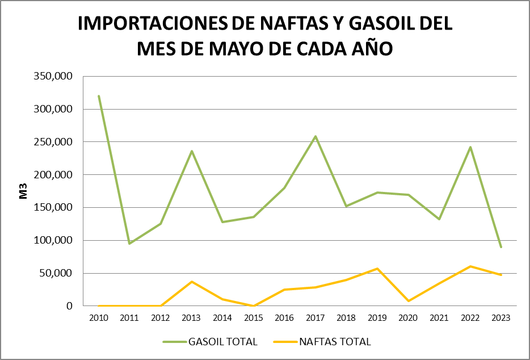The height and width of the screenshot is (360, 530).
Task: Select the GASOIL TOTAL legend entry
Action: tap(210, 342)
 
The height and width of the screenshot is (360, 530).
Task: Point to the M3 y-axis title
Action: tap(23, 191)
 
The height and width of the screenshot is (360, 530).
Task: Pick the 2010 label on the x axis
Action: tap(99, 318)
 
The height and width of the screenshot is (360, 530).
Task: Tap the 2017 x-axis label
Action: tap(316, 318)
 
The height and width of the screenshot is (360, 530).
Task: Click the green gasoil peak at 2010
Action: tap(99, 96)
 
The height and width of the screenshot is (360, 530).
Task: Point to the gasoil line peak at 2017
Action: tap(316, 136)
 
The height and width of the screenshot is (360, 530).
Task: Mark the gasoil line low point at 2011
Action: tap(129, 244)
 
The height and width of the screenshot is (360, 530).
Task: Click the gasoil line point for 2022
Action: tap(470, 147)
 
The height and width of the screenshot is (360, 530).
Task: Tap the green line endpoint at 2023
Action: tap(501, 247)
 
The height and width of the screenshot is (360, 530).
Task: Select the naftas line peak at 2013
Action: tap(192, 282)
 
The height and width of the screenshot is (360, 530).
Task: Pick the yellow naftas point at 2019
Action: tap(377, 269)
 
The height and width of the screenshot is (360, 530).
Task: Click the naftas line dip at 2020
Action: tap(408, 301)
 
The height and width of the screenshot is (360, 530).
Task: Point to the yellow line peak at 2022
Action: tap(470, 266)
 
